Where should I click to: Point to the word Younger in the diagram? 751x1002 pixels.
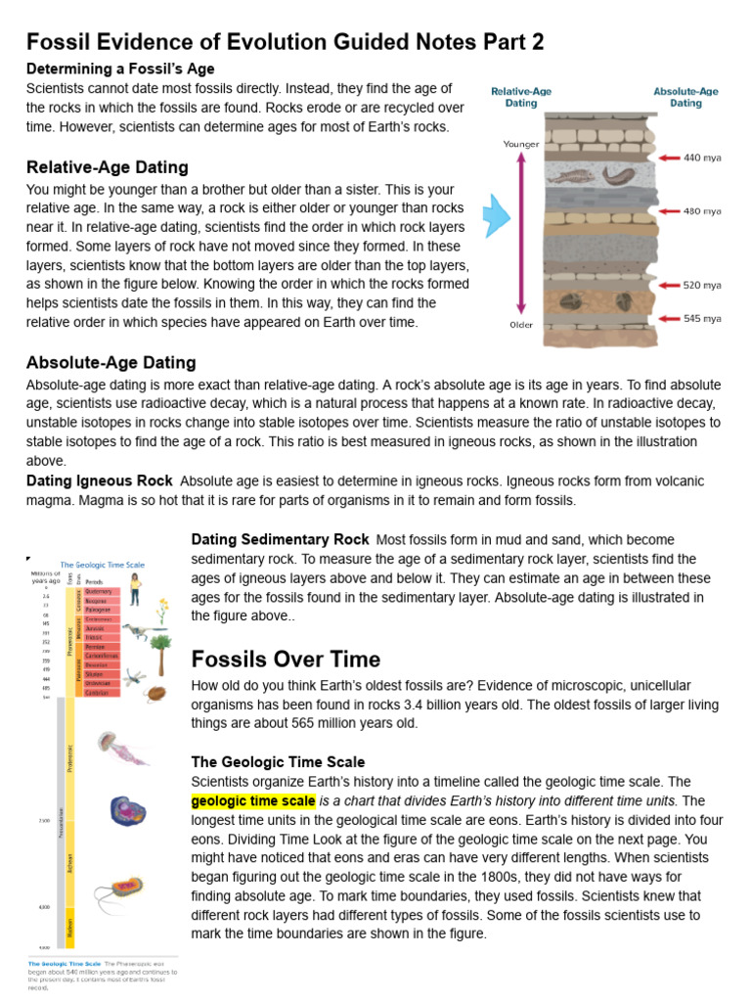521,144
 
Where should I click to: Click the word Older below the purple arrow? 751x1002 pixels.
521,325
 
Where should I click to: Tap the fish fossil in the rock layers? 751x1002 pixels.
619,175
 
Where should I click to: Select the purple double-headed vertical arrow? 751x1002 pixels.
521,234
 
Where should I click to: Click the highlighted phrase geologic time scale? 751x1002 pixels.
253,800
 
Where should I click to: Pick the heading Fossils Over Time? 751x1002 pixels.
286,658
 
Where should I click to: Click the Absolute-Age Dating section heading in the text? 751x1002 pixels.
110,363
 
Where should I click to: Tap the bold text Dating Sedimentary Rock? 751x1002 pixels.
280,539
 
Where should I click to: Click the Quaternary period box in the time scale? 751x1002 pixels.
101,592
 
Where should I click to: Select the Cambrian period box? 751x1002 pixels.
101,693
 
